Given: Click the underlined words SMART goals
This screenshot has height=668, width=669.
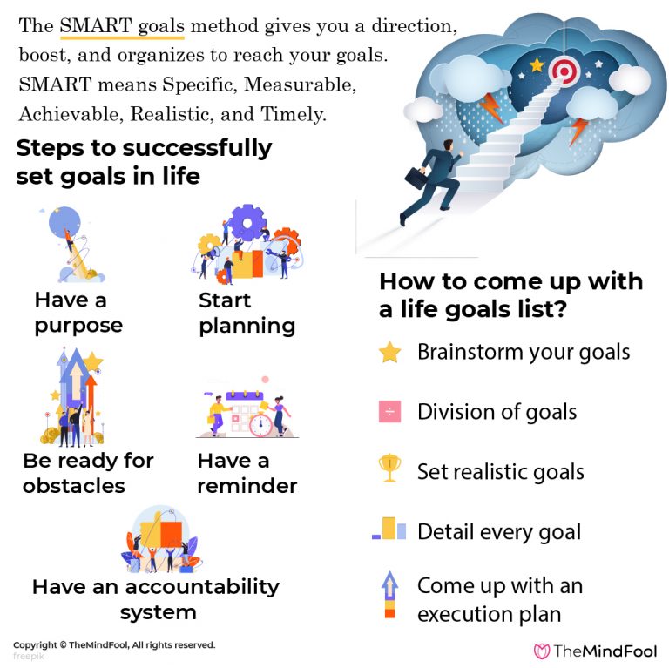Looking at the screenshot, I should click(122, 26).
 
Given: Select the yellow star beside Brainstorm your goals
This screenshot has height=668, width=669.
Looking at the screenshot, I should click(390, 353).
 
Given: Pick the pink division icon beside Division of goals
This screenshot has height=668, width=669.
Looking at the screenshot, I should click(390, 412).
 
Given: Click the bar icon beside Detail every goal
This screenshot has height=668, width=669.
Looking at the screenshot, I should click(389, 530).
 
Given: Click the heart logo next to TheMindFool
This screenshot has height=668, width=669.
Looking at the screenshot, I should click(542, 651).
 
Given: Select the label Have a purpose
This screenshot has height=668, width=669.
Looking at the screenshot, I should click(78, 313).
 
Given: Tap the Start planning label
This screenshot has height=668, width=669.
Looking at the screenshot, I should click(247, 314).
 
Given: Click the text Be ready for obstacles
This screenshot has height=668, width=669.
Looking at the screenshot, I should click(87, 473).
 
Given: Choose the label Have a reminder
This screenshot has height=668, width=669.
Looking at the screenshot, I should click(247, 473).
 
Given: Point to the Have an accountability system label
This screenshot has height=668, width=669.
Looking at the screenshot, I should click(156, 599).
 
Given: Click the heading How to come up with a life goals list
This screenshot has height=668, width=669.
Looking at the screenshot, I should click(510, 295).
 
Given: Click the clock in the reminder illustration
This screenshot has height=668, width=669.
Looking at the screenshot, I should click(260, 425).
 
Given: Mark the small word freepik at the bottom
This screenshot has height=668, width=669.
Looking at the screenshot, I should click(29, 657).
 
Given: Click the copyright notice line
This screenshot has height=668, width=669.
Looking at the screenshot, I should click(113, 645).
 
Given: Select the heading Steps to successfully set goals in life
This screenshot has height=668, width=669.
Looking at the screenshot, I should click(144, 162).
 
